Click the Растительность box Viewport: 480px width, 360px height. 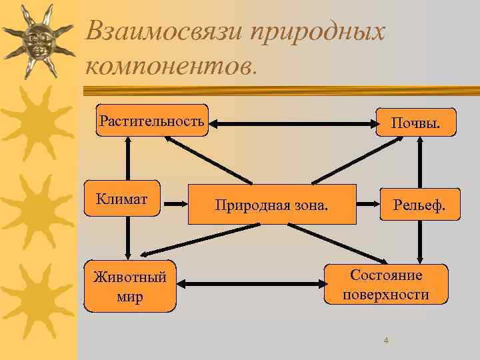click(152, 121)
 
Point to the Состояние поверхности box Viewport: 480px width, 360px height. click(386, 285)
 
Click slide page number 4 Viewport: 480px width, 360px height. click(385, 341)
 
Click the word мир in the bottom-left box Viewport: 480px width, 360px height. click(130, 297)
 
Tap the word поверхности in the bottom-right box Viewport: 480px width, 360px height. click(386, 295)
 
